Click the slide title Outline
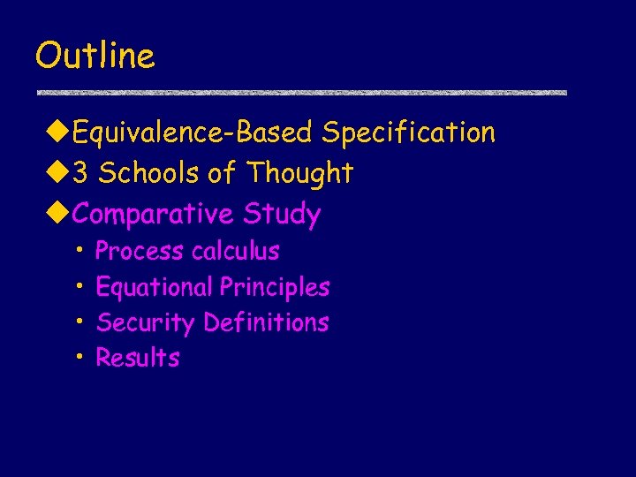point(95,57)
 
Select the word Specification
point(408,133)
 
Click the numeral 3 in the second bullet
point(80,173)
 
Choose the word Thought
point(300,173)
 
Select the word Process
point(140,252)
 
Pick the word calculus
point(236,252)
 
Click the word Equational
point(154,287)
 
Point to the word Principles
point(275,287)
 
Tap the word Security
point(145,323)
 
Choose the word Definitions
point(266,322)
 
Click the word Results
point(137,358)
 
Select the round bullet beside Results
point(79,356)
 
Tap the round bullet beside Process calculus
point(79,250)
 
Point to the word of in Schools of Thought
point(221,173)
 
